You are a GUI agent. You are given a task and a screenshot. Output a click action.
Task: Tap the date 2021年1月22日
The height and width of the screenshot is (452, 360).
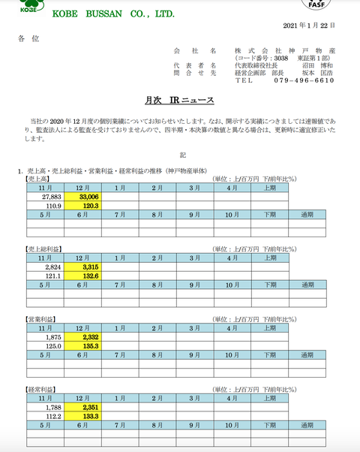[310, 26]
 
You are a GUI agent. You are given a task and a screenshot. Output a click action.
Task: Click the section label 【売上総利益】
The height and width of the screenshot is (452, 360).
[45, 249]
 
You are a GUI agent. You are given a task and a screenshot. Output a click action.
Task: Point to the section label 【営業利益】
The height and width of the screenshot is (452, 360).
[42, 320]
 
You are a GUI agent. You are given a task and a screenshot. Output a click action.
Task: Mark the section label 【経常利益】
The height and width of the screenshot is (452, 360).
[42, 390]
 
